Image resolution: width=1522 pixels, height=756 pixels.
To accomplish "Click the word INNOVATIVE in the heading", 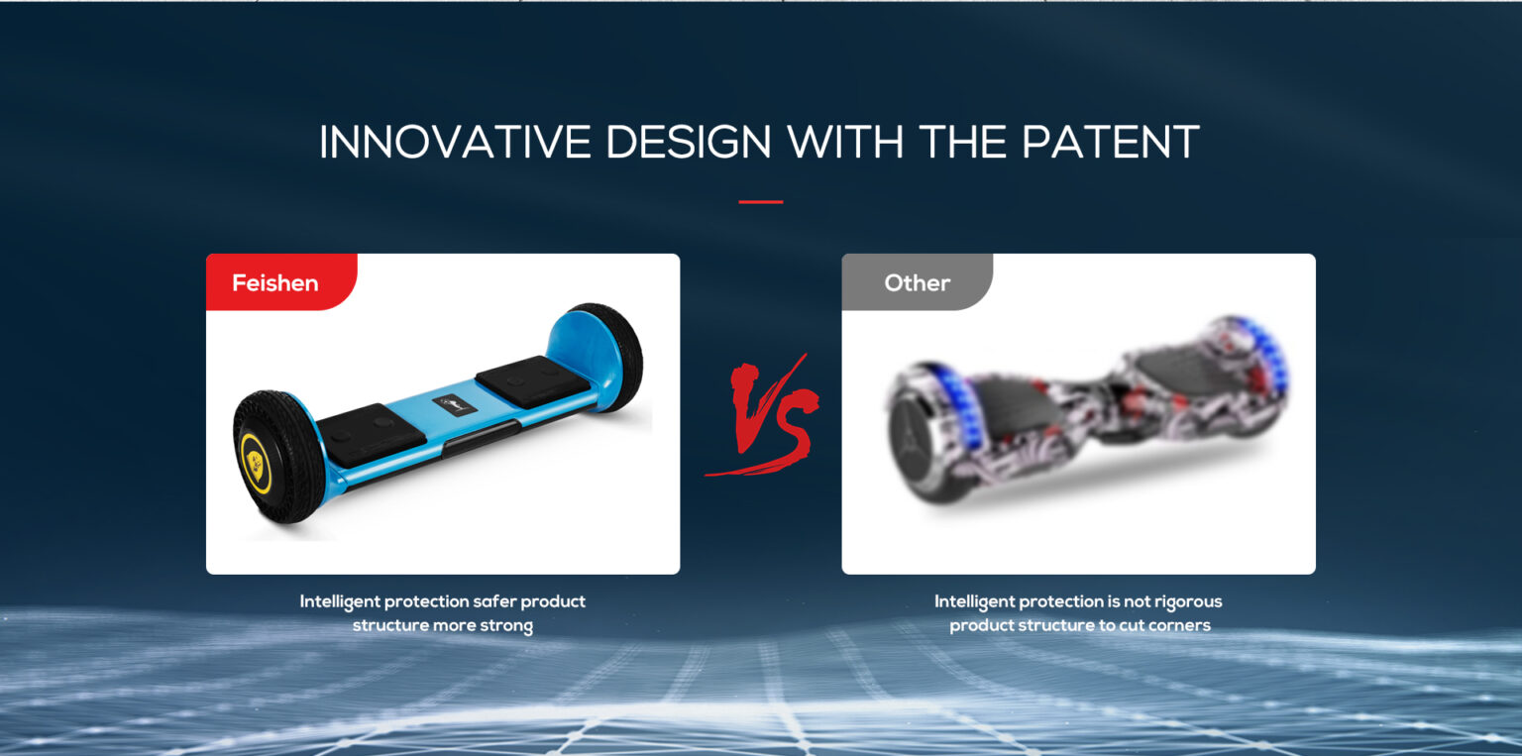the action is pyautogui.click(x=455, y=142).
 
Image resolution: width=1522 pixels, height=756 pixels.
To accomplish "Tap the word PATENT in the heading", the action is pyautogui.click(x=1110, y=142).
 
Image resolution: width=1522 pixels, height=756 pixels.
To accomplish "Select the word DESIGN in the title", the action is pyautogui.click(x=689, y=142).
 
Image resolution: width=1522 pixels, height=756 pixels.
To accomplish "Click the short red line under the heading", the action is pyautogui.click(x=760, y=202).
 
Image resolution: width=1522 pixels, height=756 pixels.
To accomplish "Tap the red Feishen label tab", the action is pyautogui.click(x=281, y=281).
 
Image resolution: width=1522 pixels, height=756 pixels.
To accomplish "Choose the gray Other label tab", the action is pyautogui.click(x=917, y=281).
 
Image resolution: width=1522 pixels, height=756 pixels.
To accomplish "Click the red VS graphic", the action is pyautogui.click(x=764, y=416).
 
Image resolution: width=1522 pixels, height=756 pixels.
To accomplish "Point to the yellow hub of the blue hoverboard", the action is pyautogui.click(x=257, y=464).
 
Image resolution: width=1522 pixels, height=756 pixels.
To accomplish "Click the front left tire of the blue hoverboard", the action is pyautogui.click(x=277, y=456).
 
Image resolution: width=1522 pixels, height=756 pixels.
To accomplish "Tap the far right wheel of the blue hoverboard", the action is pyautogui.click(x=608, y=356).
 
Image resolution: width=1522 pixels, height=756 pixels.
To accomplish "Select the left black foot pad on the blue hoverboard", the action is pyautogui.click(x=371, y=435).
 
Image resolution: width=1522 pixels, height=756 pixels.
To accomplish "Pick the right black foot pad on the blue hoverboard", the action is pyautogui.click(x=532, y=381).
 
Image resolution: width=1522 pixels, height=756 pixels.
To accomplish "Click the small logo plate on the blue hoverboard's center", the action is pyautogui.click(x=454, y=405).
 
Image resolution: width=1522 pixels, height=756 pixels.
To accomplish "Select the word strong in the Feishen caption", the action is pyautogui.click(x=507, y=625).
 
